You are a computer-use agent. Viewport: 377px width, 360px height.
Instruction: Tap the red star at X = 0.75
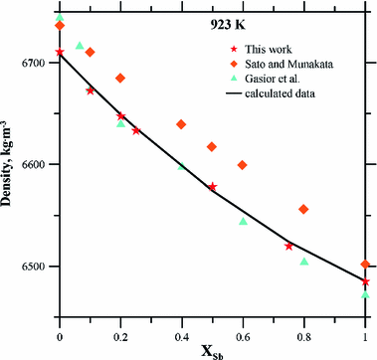288,246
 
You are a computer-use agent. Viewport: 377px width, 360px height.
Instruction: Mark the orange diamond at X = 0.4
182,124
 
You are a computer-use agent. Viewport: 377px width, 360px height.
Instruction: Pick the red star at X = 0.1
91,90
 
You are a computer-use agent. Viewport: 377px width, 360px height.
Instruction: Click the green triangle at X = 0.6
244,221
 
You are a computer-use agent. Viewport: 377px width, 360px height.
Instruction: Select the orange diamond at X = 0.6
244,164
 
